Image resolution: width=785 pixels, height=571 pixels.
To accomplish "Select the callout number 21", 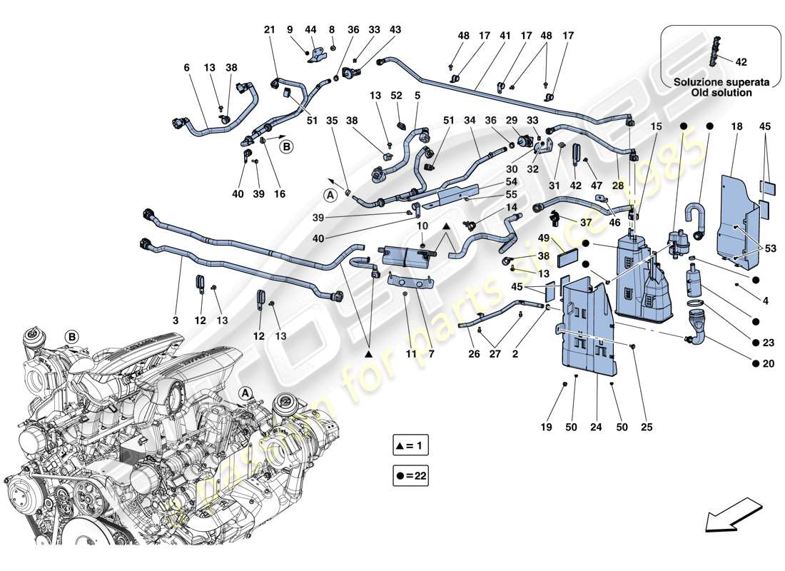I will click(269, 30).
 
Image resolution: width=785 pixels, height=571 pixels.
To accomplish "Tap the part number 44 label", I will click(310, 30).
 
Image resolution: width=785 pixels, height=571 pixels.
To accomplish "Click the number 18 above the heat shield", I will click(737, 126).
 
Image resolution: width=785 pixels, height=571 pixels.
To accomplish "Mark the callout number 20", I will click(769, 363).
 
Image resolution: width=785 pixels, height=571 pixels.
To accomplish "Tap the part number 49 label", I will click(545, 238).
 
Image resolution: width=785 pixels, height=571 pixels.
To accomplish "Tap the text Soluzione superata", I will click(721, 82).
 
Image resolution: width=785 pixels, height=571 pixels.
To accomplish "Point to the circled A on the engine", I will click(245, 392).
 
